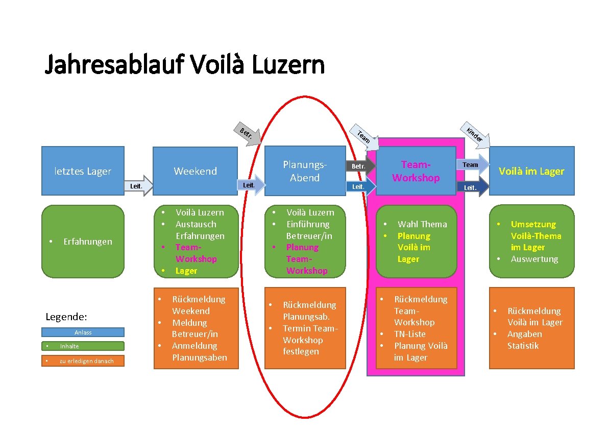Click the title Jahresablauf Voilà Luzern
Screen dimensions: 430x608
coord(185,65)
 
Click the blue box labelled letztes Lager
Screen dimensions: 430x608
coord(83,171)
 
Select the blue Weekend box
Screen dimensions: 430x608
coord(196,171)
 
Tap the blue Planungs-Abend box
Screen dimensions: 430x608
coord(305,171)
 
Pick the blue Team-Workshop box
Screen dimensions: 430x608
coord(416,171)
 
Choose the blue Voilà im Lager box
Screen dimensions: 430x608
coord(531,171)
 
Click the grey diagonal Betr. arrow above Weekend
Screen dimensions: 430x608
coord(249,135)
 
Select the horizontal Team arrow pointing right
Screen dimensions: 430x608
coord(473,164)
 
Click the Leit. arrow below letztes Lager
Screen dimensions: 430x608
coord(139,186)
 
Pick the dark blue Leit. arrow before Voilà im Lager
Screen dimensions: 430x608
coord(473,187)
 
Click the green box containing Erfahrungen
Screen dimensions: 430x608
coord(83,241)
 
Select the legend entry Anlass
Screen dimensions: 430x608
coord(83,332)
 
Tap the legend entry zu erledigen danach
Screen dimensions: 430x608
coord(83,361)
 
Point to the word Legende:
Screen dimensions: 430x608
coord(66,317)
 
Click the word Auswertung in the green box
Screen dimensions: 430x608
coord(534,259)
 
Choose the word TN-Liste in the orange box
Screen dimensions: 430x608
coord(409,334)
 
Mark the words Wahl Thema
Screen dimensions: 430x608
coord(422,224)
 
